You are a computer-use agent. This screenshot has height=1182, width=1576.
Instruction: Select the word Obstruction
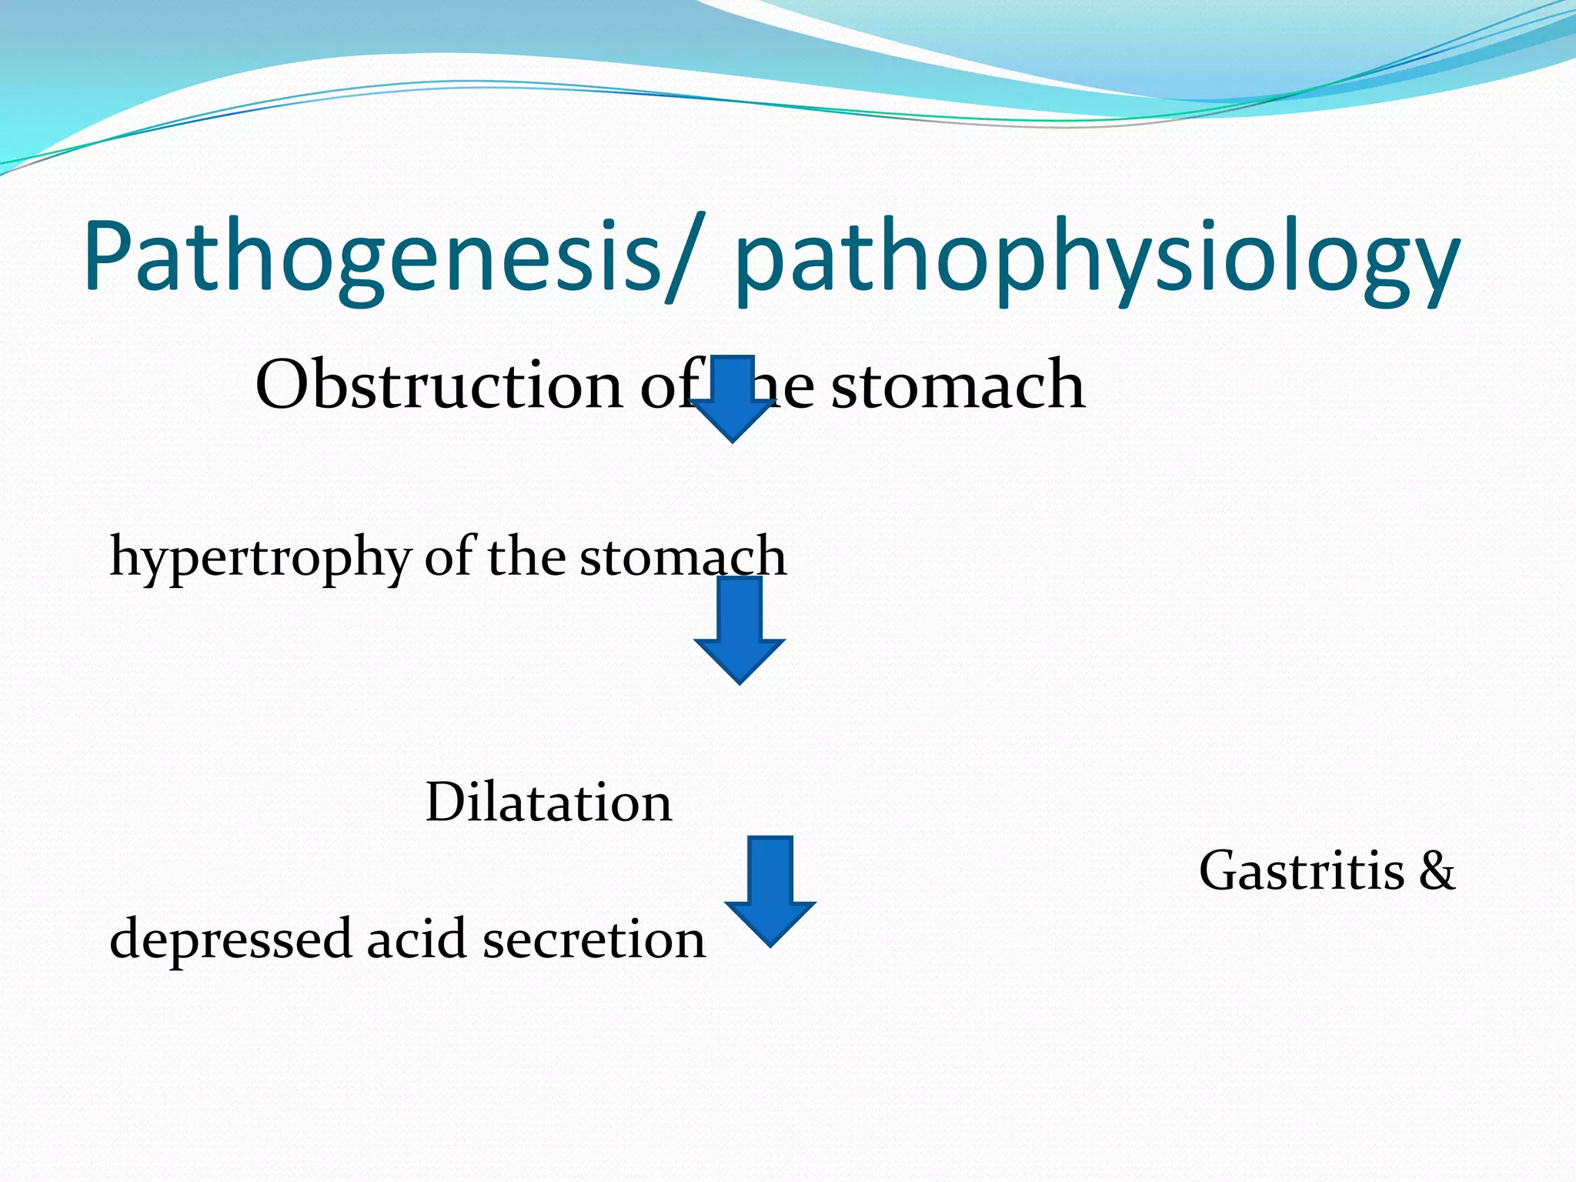[439, 384]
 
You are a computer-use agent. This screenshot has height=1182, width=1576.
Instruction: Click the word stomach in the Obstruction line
[958, 385]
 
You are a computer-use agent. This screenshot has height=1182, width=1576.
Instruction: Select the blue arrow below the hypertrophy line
[740, 630]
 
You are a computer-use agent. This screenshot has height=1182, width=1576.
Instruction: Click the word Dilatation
[549, 802]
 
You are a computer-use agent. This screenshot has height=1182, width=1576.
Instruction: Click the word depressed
[230, 940]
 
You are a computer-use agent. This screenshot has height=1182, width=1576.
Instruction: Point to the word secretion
[593, 940]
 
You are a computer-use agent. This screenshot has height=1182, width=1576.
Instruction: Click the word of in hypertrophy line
[449, 556]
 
